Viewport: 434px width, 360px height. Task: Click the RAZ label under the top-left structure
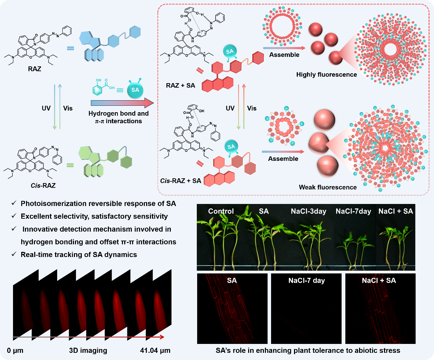(35, 69)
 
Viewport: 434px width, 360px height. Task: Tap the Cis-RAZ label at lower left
(43, 185)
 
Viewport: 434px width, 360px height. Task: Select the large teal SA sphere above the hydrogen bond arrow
(135, 90)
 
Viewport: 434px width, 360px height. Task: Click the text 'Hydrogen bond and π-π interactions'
(118, 117)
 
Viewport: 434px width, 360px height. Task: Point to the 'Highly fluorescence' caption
(327, 75)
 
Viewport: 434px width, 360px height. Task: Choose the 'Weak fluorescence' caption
(328, 187)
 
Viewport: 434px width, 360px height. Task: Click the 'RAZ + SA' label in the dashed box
(180, 86)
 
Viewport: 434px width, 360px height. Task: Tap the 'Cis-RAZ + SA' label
(181, 181)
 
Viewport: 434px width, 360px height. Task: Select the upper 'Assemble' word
(284, 55)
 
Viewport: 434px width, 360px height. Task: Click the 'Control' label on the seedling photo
(221, 211)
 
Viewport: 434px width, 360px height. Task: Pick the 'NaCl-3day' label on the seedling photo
(308, 211)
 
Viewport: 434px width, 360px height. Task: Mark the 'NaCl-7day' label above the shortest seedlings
(353, 211)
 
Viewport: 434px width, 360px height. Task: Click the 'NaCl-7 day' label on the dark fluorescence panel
(306, 281)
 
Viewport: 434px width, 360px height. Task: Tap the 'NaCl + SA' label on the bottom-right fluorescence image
(379, 281)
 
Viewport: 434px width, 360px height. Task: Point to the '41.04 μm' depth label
(155, 350)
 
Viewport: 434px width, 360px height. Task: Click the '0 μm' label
(15, 350)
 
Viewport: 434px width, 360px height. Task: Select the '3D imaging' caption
(88, 350)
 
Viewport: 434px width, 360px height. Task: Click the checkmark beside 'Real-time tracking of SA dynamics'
(14, 254)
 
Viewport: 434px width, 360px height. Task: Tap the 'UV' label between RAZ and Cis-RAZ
(46, 108)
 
